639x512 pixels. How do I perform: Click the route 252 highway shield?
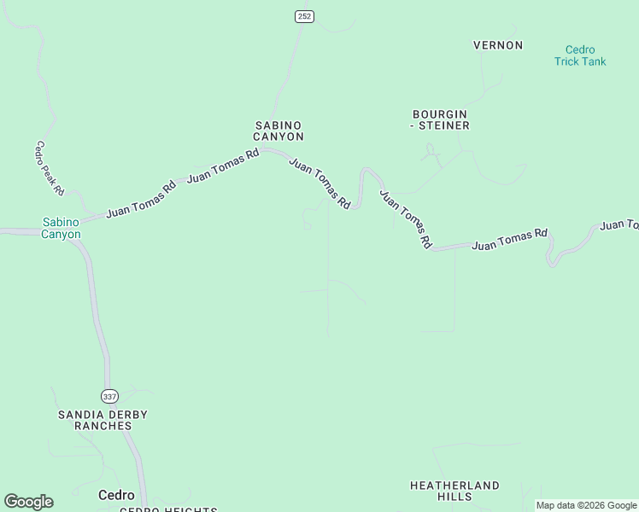tap(304, 16)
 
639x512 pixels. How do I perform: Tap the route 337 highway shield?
tap(108, 397)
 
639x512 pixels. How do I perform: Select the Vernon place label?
tap(498, 45)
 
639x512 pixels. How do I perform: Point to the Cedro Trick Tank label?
tap(580, 55)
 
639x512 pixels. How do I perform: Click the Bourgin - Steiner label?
tap(440, 119)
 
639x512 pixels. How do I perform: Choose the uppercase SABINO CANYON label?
tap(279, 131)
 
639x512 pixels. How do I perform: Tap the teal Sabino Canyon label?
tap(62, 229)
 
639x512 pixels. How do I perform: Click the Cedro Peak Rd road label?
tap(50, 168)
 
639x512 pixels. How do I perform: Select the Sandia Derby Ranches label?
tap(103, 420)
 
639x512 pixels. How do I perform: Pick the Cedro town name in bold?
tap(116, 495)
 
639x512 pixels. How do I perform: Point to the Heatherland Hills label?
tap(454, 491)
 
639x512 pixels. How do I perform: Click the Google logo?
tap(28, 502)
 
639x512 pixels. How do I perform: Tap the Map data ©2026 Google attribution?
tap(586, 506)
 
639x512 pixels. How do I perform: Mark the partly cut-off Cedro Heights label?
tap(167, 509)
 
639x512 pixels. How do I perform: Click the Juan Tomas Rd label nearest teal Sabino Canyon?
tap(141, 198)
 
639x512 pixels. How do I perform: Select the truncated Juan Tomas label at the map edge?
tap(618, 225)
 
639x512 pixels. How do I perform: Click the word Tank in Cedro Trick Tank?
tap(592, 61)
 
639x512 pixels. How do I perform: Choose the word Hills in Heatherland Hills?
tap(454, 497)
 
